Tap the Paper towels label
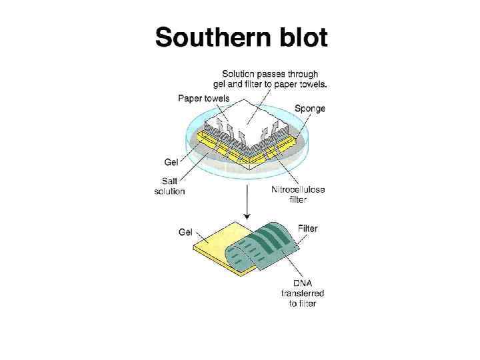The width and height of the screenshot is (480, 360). pos(204,99)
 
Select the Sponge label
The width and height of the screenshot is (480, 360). pos(309,108)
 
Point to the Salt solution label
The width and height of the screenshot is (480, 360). pos(169,186)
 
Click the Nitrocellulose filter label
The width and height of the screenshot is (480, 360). pos(298,195)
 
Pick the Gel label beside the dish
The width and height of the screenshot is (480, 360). pos(171,161)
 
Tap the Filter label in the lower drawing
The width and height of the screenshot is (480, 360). pos(307,229)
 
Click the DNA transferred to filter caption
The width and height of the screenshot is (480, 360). pos(302,293)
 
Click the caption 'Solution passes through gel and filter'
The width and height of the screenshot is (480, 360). pos(270,79)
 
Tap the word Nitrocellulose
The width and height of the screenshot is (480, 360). pos(298,189)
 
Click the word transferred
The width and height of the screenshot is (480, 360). pos(302,293)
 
